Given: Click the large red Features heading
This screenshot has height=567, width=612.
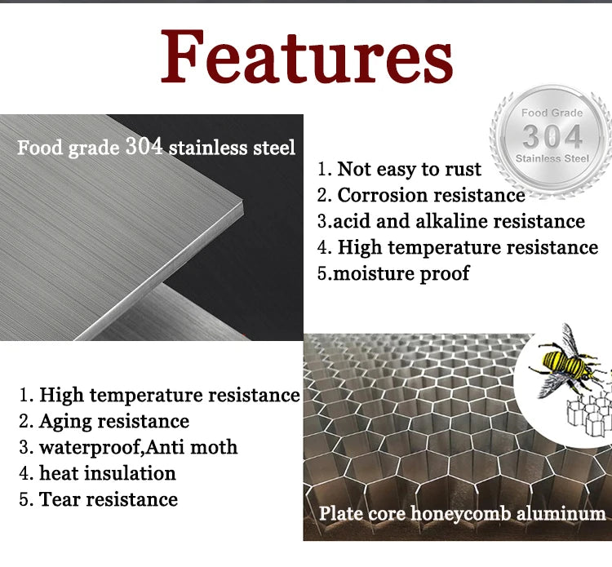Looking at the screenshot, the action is point(307,56).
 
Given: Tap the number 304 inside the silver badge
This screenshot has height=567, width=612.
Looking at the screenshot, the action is point(552,136).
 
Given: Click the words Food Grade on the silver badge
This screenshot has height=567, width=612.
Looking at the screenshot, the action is point(552,113).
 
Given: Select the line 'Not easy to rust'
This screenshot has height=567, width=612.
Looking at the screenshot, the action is point(399,170).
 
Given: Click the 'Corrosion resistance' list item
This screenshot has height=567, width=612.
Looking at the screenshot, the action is point(421,195).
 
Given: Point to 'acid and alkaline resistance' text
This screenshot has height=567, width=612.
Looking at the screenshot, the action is point(451,221).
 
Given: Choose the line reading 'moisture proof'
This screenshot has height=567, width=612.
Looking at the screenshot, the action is point(393,273).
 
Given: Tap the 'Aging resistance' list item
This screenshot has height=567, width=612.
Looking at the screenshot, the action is point(104,422).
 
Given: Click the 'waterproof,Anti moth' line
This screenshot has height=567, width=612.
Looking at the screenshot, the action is point(128,447).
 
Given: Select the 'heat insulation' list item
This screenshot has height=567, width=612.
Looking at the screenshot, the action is point(98,473).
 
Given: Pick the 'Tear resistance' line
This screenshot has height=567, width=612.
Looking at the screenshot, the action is point(99,499).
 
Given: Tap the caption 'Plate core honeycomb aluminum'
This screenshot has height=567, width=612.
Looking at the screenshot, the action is point(462,513).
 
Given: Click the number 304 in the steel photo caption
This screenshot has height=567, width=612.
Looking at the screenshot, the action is point(144,146).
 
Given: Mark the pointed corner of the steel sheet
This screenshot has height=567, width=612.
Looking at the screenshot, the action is point(242,202).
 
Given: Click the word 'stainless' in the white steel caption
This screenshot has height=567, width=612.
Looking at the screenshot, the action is point(208,148).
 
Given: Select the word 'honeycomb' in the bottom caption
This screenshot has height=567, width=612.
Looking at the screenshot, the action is point(460,514).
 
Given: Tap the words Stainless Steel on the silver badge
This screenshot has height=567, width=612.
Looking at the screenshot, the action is point(552,158).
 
